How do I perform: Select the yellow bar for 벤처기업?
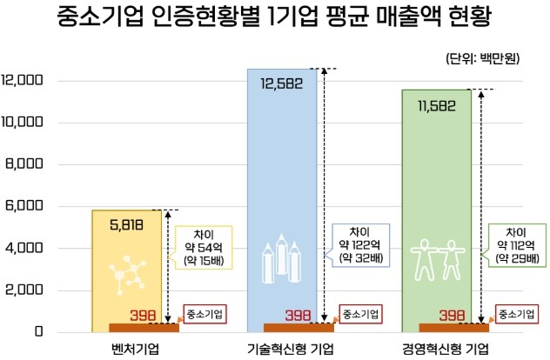click(129, 261)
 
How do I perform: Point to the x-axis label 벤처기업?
click(128, 349)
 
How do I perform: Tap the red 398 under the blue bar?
click(298, 315)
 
